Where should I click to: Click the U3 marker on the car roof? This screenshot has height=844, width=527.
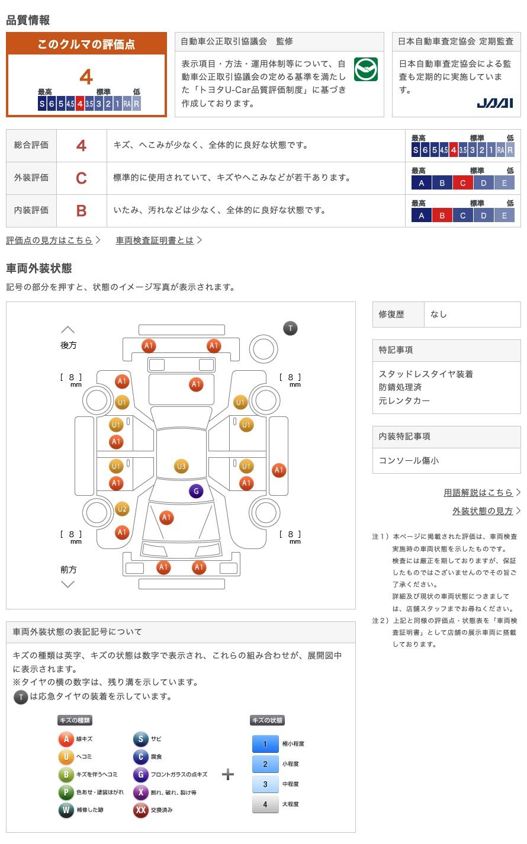[x=181, y=466]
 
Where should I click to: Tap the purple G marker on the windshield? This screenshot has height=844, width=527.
[x=196, y=491]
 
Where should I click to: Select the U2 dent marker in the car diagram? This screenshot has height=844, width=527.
[x=122, y=509]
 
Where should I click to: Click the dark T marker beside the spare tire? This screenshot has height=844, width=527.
[x=290, y=328]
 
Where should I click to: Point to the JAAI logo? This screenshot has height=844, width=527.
[x=495, y=103]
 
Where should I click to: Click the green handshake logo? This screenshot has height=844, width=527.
[x=366, y=70]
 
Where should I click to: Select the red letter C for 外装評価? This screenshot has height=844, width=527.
[x=81, y=178]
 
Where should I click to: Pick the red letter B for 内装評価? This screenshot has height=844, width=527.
[x=81, y=210]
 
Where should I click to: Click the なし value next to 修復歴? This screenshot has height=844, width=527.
[x=439, y=315]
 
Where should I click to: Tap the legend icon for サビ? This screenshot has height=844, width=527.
[x=140, y=739]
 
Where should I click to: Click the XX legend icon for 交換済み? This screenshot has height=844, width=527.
[x=140, y=810]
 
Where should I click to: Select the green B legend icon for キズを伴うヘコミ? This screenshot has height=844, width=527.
[x=66, y=774]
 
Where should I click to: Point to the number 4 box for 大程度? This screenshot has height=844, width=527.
[x=265, y=804]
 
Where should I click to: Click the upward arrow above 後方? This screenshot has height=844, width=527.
[x=68, y=329]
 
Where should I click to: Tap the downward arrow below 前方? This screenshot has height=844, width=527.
[x=68, y=584]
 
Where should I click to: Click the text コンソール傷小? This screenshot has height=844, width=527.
[x=409, y=460]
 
